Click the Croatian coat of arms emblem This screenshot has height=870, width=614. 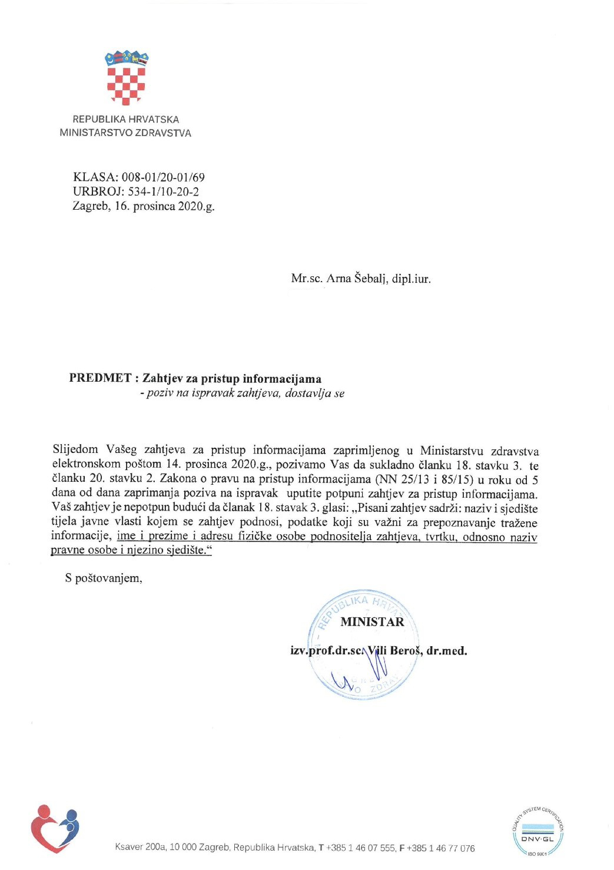[x=126, y=78]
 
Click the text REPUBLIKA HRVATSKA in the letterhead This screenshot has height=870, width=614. [x=125, y=119]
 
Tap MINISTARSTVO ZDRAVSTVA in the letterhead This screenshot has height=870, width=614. [x=125, y=133]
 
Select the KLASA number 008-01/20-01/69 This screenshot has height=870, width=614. [x=163, y=177]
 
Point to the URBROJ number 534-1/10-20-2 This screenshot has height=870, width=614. [x=163, y=191]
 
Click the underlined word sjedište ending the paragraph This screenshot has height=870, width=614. [x=189, y=550]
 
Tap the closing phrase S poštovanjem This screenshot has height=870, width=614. [x=104, y=578]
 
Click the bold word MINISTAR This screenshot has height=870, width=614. [x=372, y=622]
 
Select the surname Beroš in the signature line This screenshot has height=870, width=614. [x=405, y=651]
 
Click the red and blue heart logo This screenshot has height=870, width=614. [x=55, y=828]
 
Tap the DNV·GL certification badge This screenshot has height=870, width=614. [x=537, y=831]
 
